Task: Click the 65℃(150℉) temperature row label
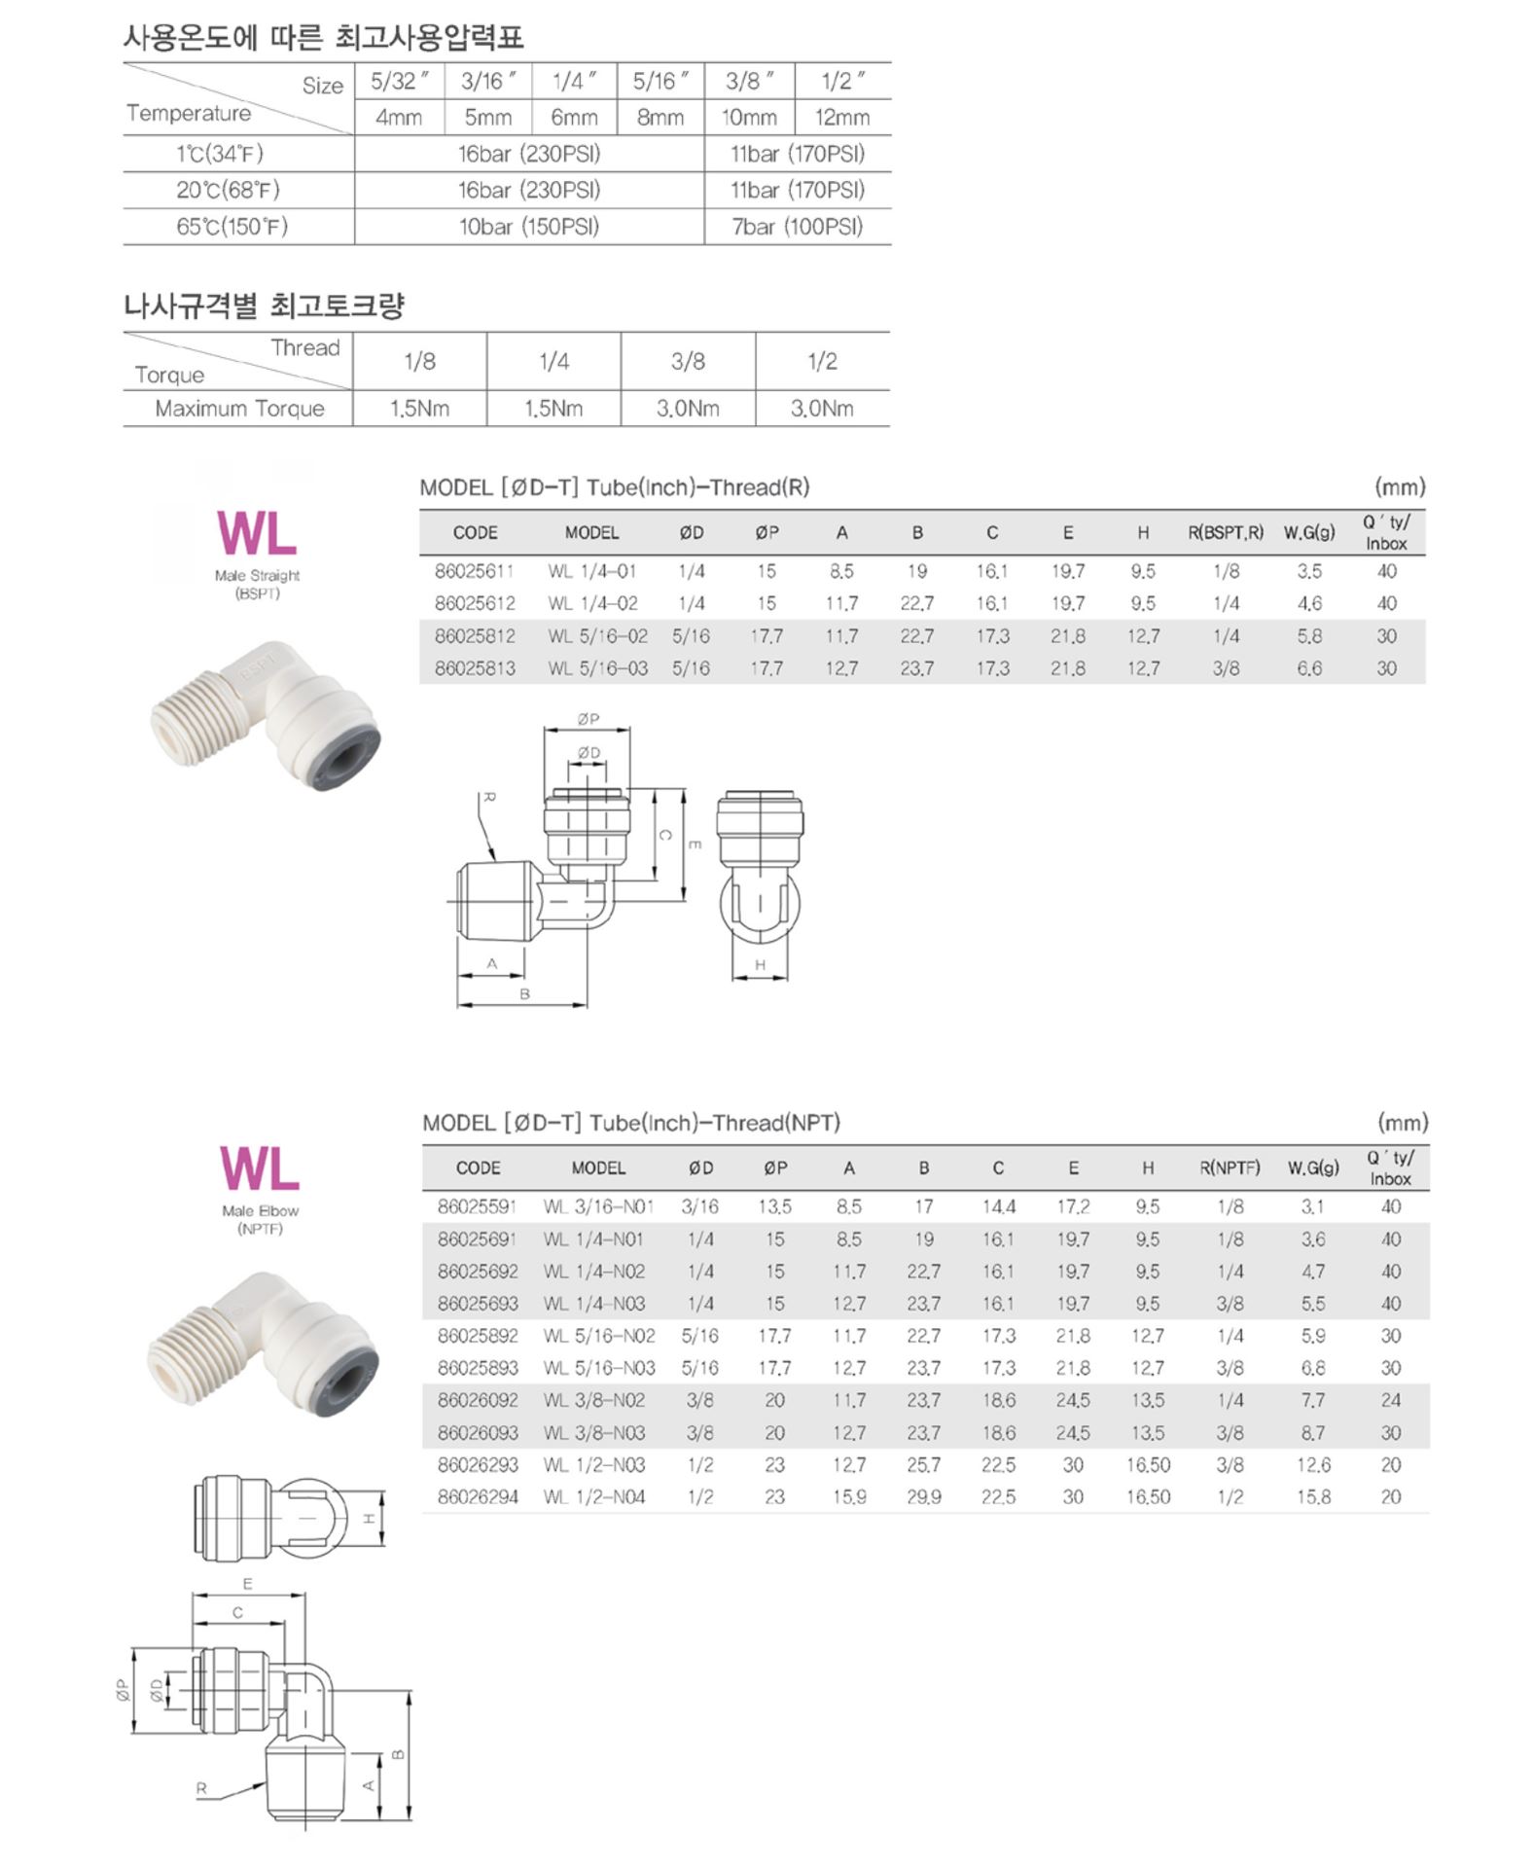[x=232, y=227]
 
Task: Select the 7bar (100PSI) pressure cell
[x=797, y=227]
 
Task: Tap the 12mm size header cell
[x=841, y=118]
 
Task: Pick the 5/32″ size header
[x=399, y=82]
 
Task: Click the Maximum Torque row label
[x=239, y=409]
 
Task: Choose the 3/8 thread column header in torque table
[x=688, y=362]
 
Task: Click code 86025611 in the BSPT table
[x=475, y=571]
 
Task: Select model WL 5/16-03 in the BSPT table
[x=597, y=668]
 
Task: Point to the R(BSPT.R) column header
[x=1226, y=532]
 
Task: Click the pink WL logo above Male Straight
[x=257, y=533]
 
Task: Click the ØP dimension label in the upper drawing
[x=588, y=719]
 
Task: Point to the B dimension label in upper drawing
[x=524, y=994]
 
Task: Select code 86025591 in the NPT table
[x=477, y=1206]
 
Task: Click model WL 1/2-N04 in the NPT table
[x=595, y=1496]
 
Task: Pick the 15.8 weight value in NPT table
[x=1313, y=1496]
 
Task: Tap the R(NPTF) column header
[x=1230, y=1167]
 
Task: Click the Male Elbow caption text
[x=260, y=1210]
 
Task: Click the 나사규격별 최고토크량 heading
[x=264, y=306]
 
